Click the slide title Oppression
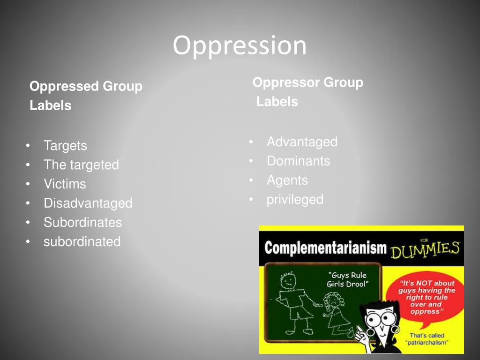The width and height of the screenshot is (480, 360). (x=240, y=45)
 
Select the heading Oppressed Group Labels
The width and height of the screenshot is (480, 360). (x=85, y=96)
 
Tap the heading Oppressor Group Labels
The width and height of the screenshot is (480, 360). (x=307, y=92)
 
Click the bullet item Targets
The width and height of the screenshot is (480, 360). (x=65, y=146)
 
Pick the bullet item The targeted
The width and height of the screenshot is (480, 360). (x=81, y=165)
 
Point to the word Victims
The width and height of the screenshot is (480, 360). (x=65, y=184)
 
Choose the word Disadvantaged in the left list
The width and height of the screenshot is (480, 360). (x=88, y=203)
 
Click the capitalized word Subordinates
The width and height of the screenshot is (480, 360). (x=82, y=222)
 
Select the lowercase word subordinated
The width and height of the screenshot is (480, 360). (x=82, y=241)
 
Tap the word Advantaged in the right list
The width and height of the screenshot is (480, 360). (x=302, y=142)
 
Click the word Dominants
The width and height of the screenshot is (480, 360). (x=298, y=161)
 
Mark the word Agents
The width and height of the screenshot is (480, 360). (x=287, y=180)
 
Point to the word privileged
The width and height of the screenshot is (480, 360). (x=295, y=199)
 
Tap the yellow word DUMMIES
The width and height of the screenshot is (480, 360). (x=425, y=249)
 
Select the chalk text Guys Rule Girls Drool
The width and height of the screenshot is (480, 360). (x=347, y=280)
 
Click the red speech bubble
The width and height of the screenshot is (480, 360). (x=426, y=297)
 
